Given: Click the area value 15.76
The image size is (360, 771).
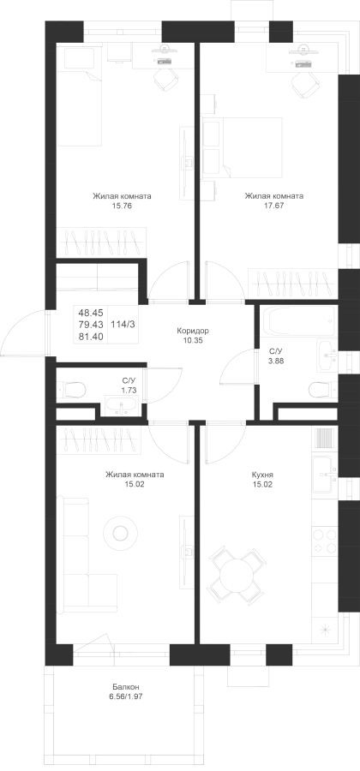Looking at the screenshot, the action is click(x=122, y=206).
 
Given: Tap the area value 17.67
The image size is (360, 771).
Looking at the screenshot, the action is click(x=274, y=206).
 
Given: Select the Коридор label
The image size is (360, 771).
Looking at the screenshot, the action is click(x=193, y=331).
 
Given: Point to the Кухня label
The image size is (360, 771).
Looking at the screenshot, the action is click(x=261, y=475).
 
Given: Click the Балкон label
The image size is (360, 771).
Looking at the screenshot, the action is click(x=126, y=687).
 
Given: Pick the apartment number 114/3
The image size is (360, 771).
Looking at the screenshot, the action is click(x=123, y=324).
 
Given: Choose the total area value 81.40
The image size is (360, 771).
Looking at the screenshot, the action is click(x=89, y=337).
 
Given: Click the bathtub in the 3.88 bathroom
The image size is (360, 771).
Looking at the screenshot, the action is click(x=298, y=321).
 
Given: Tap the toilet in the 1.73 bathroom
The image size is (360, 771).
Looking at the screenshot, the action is click(x=72, y=391).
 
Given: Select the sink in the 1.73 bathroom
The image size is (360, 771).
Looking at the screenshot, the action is click(x=121, y=406).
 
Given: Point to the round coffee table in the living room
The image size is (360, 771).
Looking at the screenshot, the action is click(x=120, y=532).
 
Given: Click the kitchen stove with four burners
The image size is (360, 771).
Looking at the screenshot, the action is click(x=325, y=540).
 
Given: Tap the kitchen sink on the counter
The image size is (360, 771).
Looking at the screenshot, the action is click(x=325, y=475).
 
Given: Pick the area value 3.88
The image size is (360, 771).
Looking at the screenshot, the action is click(x=275, y=360).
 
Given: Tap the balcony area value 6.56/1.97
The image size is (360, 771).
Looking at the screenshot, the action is click(x=126, y=696).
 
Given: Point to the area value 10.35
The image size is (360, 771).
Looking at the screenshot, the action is click(x=193, y=340).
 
